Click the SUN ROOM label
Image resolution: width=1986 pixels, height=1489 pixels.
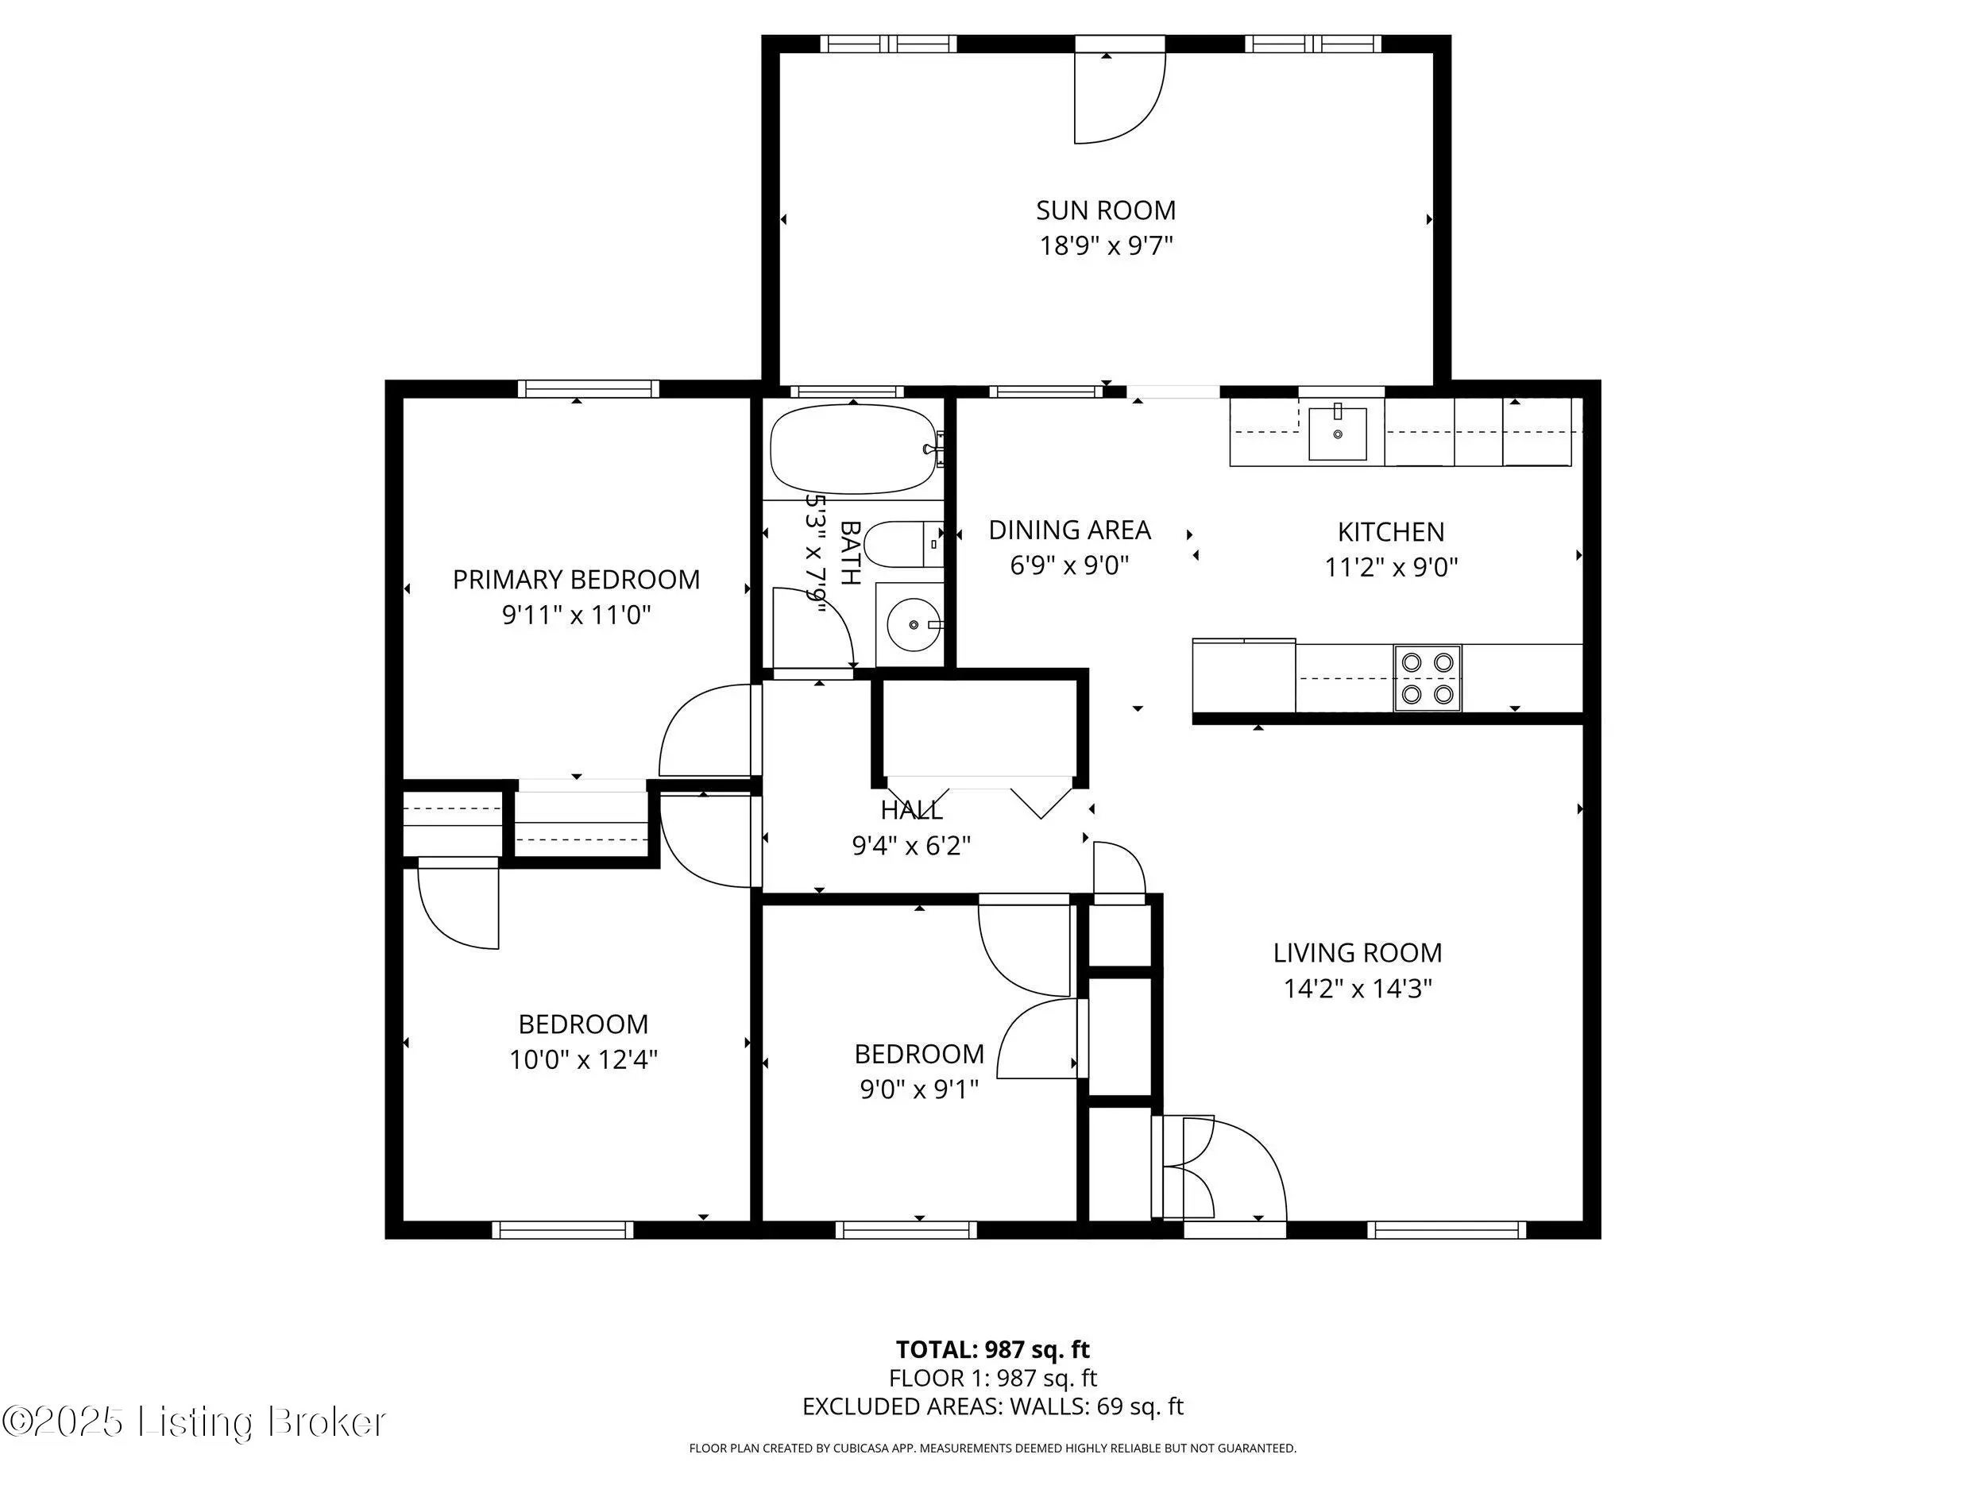[x=1105, y=210]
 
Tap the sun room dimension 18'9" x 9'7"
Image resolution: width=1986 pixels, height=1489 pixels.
[x=1106, y=246]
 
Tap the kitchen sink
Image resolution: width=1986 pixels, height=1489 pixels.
[x=1338, y=434]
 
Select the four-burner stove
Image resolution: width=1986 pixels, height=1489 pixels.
[x=1428, y=678]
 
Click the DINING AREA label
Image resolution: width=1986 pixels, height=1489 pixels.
[x=1069, y=530]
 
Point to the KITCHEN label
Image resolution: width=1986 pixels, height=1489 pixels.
[x=1391, y=532]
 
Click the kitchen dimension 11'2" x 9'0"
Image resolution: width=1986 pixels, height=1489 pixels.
[x=1391, y=567]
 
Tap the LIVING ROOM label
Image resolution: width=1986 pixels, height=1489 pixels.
[x=1357, y=953]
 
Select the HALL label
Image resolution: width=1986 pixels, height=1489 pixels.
[x=911, y=811]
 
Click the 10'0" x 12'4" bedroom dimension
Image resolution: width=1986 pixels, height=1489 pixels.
[x=584, y=1060]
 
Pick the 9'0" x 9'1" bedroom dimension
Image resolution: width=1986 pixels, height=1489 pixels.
[x=918, y=1090]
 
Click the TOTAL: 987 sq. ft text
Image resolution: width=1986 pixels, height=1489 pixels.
[x=992, y=1350]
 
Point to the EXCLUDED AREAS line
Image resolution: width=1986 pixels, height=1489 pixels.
[x=993, y=1406]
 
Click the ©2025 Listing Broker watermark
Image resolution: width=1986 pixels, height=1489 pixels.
[x=194, y=1421]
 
